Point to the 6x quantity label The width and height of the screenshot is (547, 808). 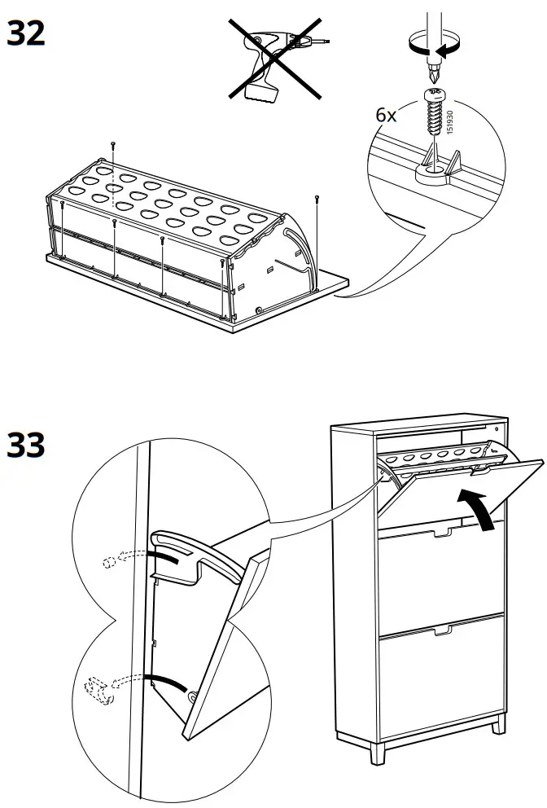(386, 115)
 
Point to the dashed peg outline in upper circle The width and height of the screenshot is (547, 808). (111, 562)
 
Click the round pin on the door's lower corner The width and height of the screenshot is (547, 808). (195, 697)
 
